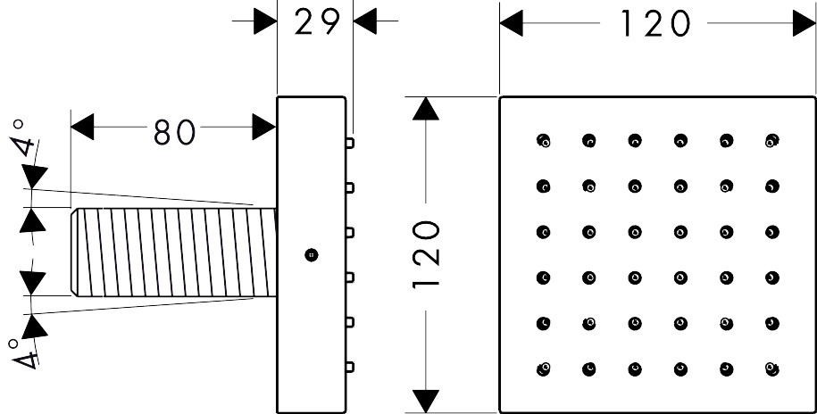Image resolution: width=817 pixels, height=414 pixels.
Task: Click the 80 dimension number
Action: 174,131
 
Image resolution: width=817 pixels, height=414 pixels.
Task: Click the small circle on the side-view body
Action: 310,254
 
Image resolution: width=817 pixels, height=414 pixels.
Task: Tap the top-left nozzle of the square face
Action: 544,140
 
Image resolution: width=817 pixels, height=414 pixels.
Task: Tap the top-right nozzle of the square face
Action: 771,140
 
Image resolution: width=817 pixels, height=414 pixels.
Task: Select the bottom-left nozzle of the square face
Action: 544,368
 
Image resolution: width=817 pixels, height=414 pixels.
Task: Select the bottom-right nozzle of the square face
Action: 771,368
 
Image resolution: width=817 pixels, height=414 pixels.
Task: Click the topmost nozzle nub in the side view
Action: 350,142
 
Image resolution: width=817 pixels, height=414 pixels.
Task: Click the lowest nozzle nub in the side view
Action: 350,366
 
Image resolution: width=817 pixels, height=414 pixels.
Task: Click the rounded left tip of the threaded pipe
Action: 74,252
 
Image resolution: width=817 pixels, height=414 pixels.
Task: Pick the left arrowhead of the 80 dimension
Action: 82,127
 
